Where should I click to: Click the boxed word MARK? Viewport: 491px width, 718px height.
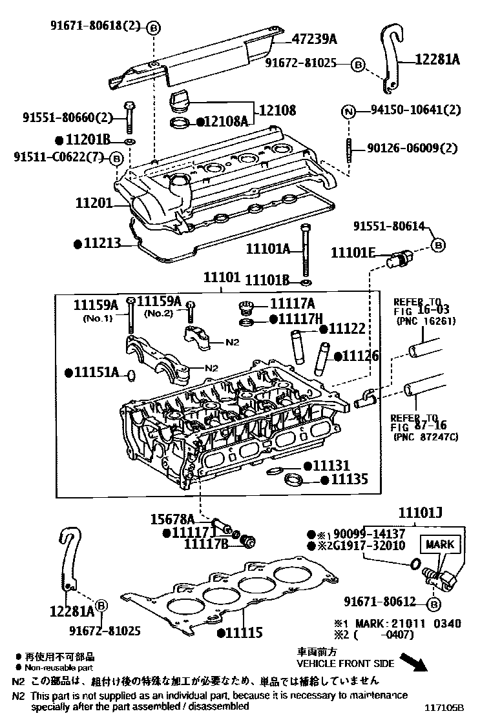click(x=439, y=544)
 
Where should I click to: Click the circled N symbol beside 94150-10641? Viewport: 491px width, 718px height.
click(x=348, y=110)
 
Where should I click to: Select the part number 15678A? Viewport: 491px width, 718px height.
click(x=172, y=518)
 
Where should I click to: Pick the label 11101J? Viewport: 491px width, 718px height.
click(x=420, y=513)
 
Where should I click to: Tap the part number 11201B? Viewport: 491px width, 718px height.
click(x=88, y=139)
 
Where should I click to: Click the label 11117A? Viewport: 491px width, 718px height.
click(x=292, y=303)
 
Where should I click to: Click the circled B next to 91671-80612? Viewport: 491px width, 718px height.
click(x=434, y=604)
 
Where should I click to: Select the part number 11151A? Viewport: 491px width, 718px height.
click(x=97, y=373)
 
